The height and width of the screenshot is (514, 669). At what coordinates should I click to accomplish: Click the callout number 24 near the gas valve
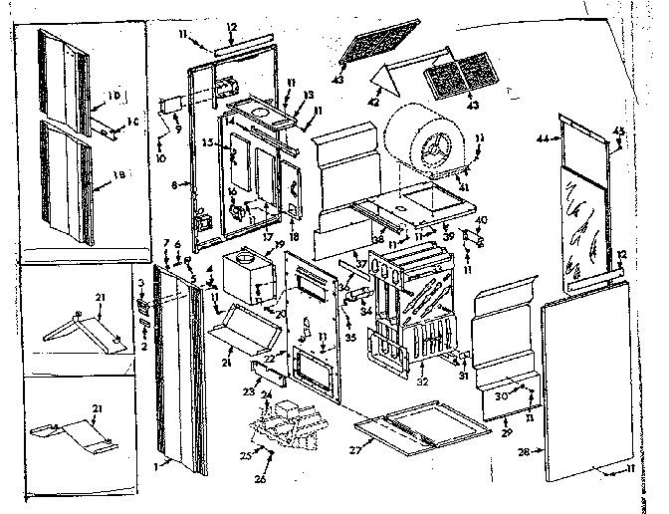click(x=265, y=395)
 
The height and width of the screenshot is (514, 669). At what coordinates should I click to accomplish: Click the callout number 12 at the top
click(x=231, y=26)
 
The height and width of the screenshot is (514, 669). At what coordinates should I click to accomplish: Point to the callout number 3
click(x=141, y=284)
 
